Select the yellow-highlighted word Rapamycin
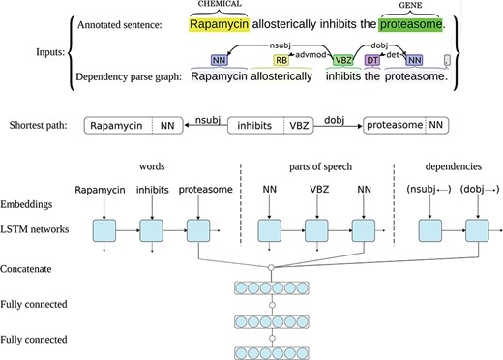218,25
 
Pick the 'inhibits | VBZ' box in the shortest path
281,125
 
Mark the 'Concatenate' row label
32,268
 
